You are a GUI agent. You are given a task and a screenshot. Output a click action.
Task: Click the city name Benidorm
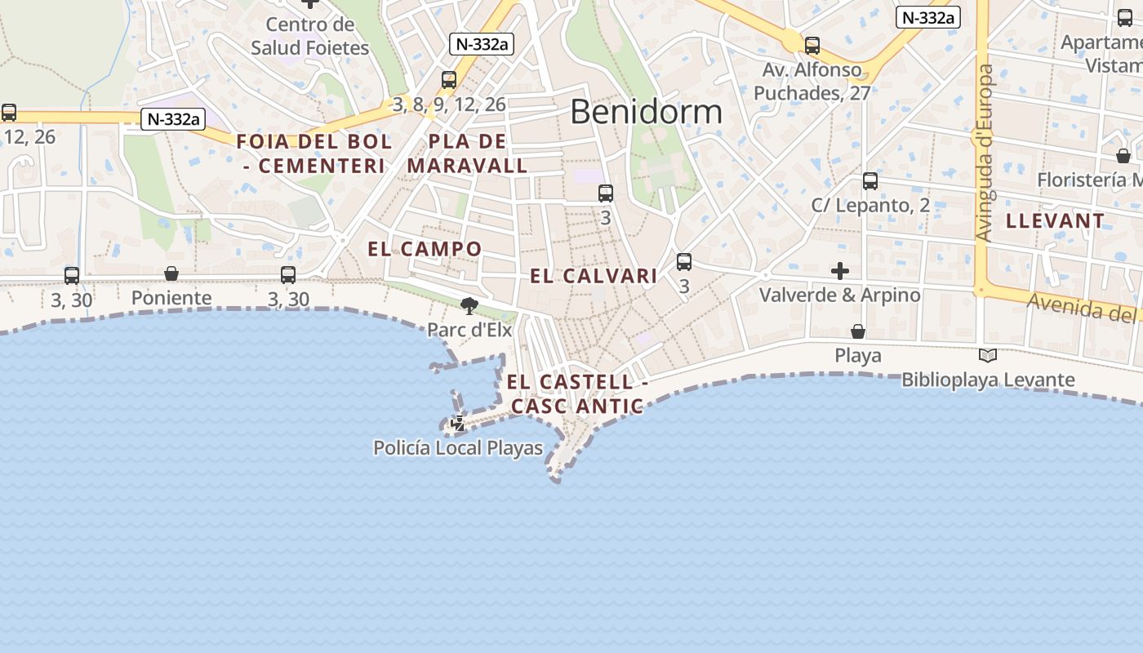pos(646,111)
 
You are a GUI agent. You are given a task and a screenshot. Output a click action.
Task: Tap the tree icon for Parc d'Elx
pos(469,306)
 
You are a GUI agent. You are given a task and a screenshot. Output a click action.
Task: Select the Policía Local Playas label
pos(458,448)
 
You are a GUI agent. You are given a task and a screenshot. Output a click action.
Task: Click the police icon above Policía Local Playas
pos(458,424)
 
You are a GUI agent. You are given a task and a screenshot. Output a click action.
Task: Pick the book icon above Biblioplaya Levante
pos(988,355)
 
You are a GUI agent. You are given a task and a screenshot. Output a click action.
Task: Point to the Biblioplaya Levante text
pos(988,380)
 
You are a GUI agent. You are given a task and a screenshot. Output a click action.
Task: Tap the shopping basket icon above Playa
pos(858,331)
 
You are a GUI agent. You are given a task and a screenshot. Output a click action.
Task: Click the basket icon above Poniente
pos(171,273)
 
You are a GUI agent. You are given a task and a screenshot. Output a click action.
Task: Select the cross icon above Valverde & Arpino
pos(840,270)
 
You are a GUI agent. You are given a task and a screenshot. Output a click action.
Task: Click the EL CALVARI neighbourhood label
pos(594,276)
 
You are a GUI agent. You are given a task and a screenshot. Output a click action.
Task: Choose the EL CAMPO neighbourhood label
pos(425,249)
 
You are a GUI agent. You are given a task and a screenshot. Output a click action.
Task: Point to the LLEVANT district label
pos(1055,220)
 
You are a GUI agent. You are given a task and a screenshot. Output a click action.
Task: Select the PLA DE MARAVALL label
pos(467,153)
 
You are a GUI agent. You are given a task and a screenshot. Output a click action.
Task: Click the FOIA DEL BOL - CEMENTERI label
pos(314,153)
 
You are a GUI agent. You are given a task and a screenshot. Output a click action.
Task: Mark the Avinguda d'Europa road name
pos(984,153)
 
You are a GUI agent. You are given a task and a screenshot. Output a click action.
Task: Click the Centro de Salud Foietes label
pos(310,37)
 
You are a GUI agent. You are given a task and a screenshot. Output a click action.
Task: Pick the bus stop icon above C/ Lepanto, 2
pos(870,181)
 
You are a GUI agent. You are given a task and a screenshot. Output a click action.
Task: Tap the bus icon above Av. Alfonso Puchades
pos(812,46)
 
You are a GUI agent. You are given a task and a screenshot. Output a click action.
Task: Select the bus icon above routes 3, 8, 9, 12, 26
pos(449,80)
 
